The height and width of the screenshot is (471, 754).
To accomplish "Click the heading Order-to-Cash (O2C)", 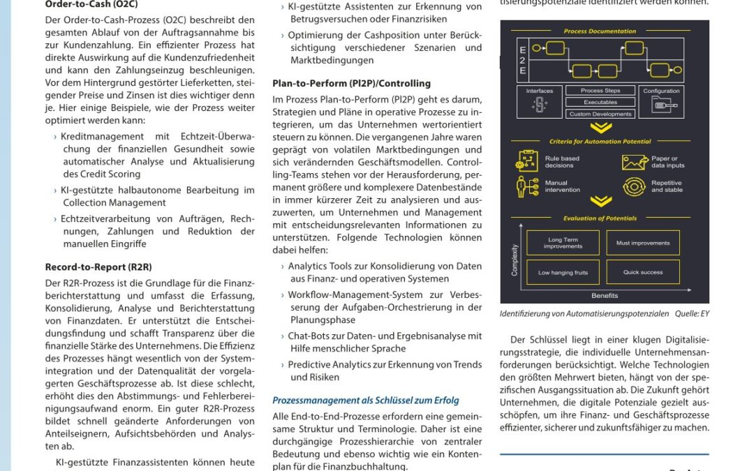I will [91, 3].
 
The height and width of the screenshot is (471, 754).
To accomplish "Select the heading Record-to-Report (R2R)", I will [98, 267].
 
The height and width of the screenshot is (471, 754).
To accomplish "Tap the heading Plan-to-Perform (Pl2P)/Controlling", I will [351, 83].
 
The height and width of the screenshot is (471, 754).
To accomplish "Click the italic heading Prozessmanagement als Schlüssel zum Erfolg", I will [365, 400].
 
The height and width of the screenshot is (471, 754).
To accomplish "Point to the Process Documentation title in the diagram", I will [600, 31].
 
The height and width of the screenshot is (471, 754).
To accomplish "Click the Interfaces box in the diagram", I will [539, 101].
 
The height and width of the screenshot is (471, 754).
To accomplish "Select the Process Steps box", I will [600, 91].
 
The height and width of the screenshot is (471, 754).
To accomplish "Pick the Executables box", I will [600, 102].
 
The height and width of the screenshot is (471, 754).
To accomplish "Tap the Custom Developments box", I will [600, 114].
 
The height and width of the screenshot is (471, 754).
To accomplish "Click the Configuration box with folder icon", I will [660, 101].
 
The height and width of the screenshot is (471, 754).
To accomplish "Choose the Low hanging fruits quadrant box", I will [563, 272].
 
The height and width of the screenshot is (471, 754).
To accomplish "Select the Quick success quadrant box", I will [643, 272].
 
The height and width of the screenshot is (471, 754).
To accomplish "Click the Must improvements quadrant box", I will [643, 243].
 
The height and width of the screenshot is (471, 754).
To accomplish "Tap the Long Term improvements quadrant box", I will [563, 243].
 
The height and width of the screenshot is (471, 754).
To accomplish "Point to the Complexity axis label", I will [515, 260].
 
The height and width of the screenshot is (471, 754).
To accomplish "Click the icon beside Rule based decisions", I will [528, 162].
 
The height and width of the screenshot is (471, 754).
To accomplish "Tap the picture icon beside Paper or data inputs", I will [634, 162].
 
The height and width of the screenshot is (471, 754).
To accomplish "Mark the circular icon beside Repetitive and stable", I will [634, 187].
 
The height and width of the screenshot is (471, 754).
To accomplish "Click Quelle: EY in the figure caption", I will [692, 313].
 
